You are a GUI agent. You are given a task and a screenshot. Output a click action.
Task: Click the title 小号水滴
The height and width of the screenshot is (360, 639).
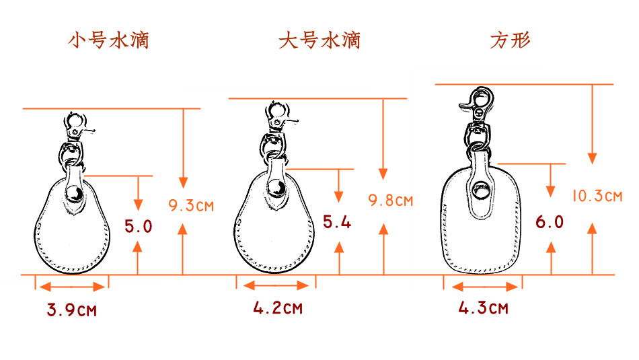pyautogui.click(x=108, y=40)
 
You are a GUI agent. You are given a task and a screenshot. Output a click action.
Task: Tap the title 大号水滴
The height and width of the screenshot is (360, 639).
pyautogui.click(x=319, y=40)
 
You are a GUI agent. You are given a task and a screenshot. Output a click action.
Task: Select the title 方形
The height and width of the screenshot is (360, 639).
pyautogui.click(x=510, y=40)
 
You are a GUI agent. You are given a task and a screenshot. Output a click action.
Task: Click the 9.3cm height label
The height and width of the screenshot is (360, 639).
pyautogui.click(x=191, y=205)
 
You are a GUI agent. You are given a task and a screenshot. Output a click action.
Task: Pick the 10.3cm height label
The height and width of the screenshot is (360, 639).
pyautogui.click(x=597, y=196)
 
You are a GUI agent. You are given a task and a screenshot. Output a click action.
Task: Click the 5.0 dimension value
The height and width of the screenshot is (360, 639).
pyautogui.click(x=138, y=226)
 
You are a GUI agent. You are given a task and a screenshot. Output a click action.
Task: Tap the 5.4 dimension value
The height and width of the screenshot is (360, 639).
pyautogui.click(x=337, y=221)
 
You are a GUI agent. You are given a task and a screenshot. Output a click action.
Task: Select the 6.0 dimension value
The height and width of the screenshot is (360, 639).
pyautogui.click(x=550, y=222)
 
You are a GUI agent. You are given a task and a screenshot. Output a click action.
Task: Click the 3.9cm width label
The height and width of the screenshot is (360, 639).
pyautogui.click(x=71, y=311)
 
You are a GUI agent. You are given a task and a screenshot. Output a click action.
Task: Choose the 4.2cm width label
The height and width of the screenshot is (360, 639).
pyautogui.click(x=277, y=309)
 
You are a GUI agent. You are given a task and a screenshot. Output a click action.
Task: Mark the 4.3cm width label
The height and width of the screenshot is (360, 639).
pyautogui.click(x=483, y=309)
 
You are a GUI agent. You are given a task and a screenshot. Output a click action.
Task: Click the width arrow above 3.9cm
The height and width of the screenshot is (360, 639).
pyautogui.click(x=71, y=287)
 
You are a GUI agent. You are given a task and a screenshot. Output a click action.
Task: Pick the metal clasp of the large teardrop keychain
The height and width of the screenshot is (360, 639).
pyautogui.click(x=277, y=117)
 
